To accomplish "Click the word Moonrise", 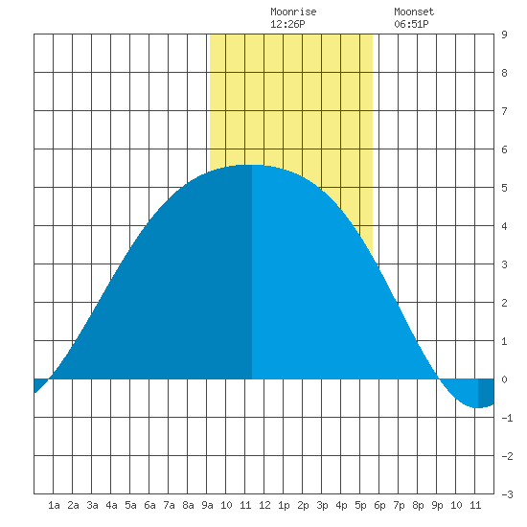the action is [x=293, y=11].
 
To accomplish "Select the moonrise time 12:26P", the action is [x=287, y=24].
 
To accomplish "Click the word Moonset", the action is [x=414, y=11].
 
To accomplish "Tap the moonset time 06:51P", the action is [x=411, y=24].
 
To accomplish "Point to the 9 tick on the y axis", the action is [x=504, y=34].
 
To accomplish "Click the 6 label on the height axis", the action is [x=504, y=149].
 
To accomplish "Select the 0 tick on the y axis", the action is [x=504, y=379].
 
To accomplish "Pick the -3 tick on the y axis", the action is [x=507, y=494].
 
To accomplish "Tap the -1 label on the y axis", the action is [x=507, y=418].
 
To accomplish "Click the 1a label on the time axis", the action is [x=54, y=505].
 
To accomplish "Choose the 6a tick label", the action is [x=149, y=505].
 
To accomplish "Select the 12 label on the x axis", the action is [x=264, y=505].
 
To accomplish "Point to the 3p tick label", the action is [x=322, y=505].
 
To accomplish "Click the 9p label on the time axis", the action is [x=437, y=505].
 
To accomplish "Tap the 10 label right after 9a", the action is [x=226, y=505].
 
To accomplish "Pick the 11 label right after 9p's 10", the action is [x=475, y=505].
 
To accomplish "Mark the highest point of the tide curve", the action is [x=252, y=165].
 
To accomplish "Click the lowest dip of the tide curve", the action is [x=477, y=407].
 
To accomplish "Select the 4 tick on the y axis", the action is [x=504, y=226].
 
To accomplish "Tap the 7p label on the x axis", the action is [x=399, y=505].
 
